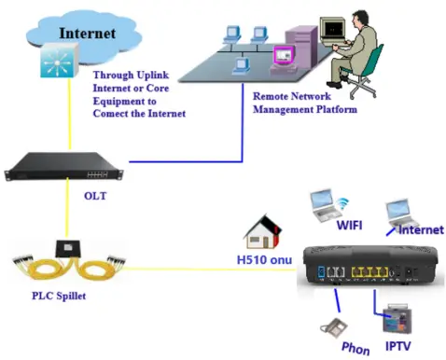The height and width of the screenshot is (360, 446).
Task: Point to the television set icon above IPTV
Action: click(390, 313)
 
